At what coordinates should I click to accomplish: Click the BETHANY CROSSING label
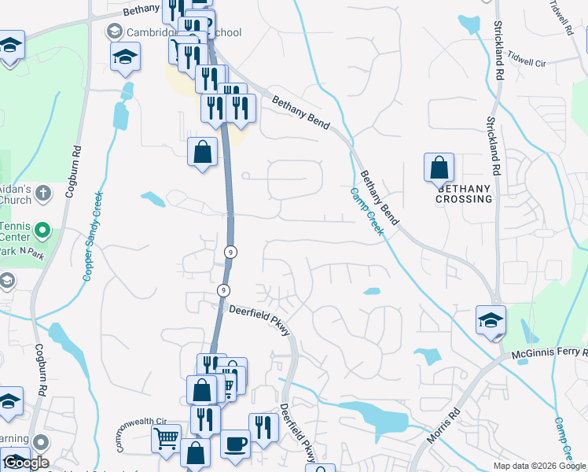(x=464, y=194)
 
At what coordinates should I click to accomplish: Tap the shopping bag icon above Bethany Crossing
(x=439, y=168)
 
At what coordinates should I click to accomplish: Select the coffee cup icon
(x=235, y=443)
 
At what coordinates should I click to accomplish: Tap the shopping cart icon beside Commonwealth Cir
(x=166, y=438)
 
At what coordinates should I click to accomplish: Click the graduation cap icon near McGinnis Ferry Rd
(x=491, y=321)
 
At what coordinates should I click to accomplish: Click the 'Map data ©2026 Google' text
(x=539, y=466)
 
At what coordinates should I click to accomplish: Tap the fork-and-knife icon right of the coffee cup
(x=263, y=427)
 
